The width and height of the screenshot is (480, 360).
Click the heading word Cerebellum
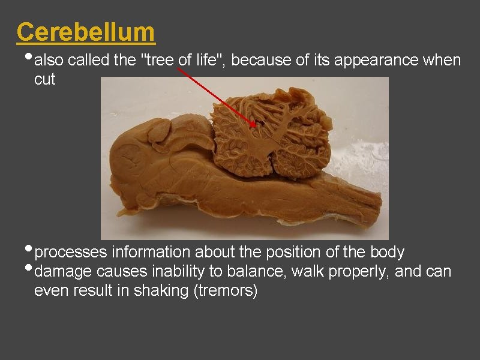tap(86, 32)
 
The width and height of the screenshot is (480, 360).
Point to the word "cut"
tap(44, 79)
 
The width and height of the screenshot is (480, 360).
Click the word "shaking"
tap(189, 291)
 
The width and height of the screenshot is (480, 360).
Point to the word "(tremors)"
tap(232, 291)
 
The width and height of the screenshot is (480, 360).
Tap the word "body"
tap(388, 252)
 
